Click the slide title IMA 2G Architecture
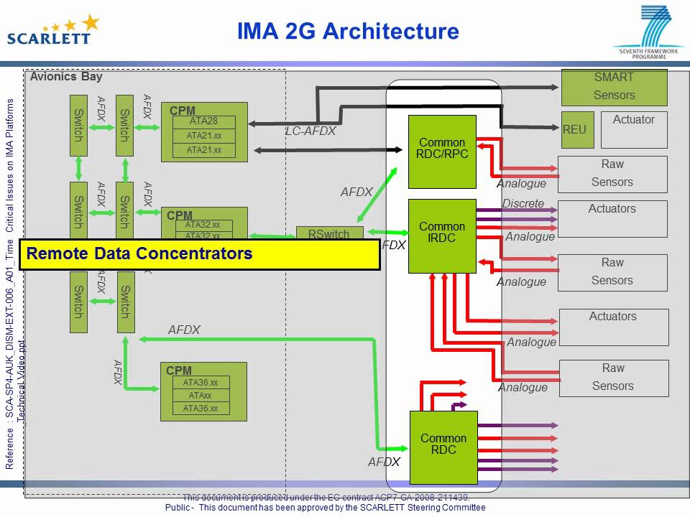[x=348, y=31]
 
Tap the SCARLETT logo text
[x=49, y=37]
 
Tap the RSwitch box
[x=329, y=233]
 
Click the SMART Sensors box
[x=614, y=87]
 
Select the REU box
[x=574, y=130]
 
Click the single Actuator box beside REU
[x=634, y=130]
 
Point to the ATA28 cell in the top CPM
[x=203, y=121]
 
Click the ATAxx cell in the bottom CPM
[x=201, y=396]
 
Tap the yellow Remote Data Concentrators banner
[x=199, y=254]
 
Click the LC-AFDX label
[x=310, y=132]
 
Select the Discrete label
[x=523, y=203]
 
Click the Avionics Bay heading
[x=66, y=77]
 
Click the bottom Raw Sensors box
[x=613, y=378]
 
